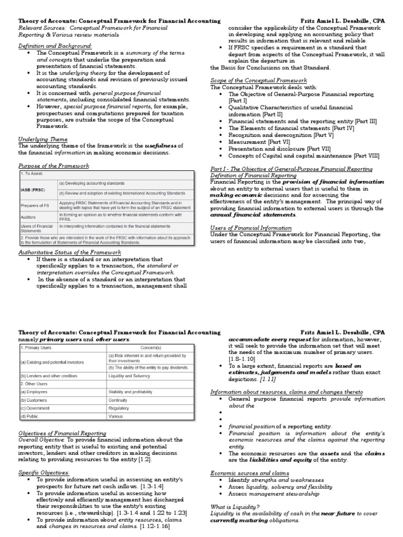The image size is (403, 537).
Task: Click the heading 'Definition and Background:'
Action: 55,46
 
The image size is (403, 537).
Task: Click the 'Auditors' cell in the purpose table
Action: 29,216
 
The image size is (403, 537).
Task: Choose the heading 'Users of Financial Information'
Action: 251,228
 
